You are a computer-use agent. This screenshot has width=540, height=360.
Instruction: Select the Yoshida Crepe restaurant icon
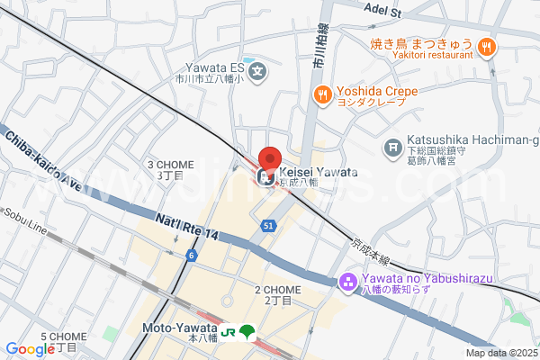pos(322,92)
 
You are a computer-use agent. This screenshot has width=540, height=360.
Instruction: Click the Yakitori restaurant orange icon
pos(486,48)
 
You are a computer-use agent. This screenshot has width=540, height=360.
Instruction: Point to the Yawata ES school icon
pos(258,70)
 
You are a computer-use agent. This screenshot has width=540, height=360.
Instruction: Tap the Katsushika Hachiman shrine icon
pos(392,147)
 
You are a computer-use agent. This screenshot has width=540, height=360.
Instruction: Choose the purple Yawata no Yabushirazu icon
pos(348,283)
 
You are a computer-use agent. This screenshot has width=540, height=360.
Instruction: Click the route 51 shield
pos(268,226)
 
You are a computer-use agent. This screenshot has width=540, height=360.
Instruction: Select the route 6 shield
pos(192,256)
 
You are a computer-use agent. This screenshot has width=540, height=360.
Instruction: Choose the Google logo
pos(30,349)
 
